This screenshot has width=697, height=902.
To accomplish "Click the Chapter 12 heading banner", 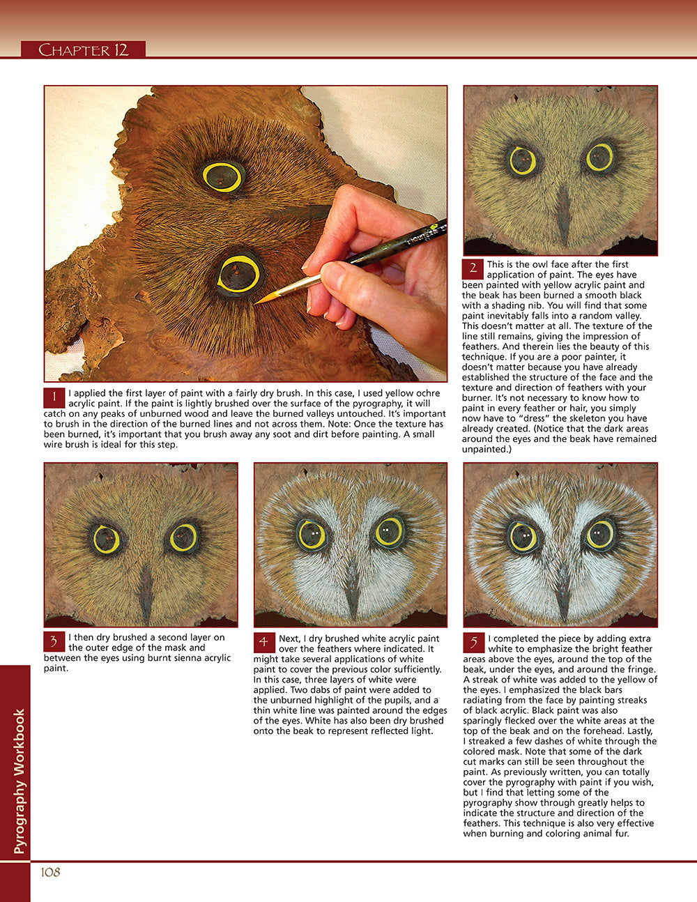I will [84, 49].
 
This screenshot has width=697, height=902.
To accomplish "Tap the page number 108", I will [50, 872].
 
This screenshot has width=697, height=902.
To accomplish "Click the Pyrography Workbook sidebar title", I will [20, 781].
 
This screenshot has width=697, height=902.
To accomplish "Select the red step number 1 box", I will [54, 398].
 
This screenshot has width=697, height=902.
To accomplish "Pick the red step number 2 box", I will [473, 268].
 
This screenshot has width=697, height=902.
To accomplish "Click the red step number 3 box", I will [54, 641].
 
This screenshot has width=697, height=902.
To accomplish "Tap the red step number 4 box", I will [263, 641].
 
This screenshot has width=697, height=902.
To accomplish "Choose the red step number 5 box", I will [473, 641].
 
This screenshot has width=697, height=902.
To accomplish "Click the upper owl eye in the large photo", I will [223, 176].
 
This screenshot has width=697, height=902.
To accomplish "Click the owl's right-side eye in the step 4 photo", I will [389, 533].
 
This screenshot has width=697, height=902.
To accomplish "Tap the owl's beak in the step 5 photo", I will [562, 589].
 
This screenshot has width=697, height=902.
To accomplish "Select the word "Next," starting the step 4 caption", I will [290, 639].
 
